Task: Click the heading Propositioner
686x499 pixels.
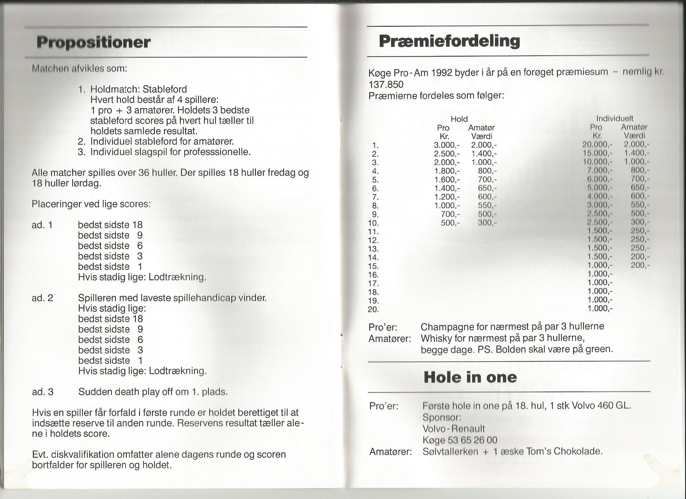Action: point(94,42)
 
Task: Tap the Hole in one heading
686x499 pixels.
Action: point(470,377)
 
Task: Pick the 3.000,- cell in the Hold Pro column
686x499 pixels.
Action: point(447,145)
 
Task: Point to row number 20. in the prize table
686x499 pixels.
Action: point(373,310)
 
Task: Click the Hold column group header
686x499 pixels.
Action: point(459,119)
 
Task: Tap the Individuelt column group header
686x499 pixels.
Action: point(615,118)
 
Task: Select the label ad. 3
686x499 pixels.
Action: point(43,392)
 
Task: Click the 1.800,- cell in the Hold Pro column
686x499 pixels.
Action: point(447,171)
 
